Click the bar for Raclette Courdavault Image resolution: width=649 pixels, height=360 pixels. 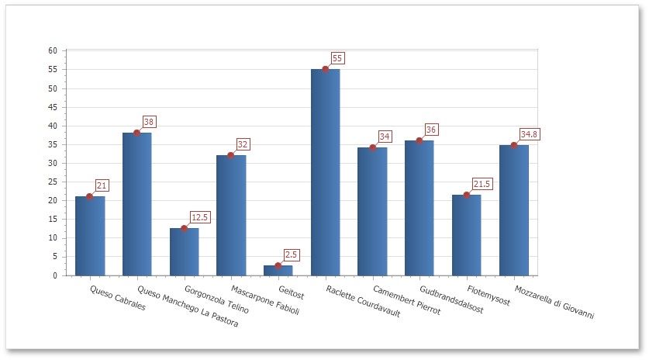325,172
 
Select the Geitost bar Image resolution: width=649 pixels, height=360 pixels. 278,270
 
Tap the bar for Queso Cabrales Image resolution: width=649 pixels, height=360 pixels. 90,236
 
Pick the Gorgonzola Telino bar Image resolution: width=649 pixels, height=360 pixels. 184,251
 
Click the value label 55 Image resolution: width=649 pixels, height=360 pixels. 337,58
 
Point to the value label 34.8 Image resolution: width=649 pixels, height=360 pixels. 530,134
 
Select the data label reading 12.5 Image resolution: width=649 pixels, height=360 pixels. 200,217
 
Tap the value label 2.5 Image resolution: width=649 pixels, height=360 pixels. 291,254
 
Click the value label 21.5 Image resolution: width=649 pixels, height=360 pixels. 482,184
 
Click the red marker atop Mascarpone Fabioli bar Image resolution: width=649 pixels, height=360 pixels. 231,155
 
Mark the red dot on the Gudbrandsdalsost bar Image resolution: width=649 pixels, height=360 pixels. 419,140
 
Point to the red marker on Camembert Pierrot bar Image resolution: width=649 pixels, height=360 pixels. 372,147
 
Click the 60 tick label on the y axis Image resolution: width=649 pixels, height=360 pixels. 53,50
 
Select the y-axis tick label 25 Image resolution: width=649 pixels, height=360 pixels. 53,182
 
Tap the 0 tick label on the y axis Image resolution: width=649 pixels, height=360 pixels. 55,275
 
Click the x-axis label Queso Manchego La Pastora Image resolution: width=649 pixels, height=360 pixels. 188,307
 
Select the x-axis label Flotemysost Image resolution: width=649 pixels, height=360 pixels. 488,296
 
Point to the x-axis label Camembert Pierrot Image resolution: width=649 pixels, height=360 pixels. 406,299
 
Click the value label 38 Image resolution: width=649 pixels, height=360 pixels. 149,122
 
